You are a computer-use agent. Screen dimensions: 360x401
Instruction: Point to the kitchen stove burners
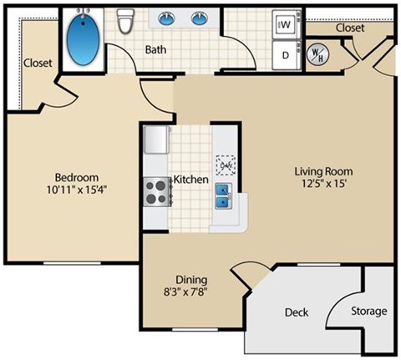click(155, 193)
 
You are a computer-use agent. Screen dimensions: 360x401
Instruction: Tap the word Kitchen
click(190, 180)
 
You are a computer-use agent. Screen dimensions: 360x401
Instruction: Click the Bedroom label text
click(77, 177)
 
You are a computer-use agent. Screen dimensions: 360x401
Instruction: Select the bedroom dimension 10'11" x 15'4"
click(77, 189)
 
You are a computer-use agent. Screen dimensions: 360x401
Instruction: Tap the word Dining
click(191, 280)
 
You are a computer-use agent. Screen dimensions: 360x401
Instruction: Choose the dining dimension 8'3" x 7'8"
click(191, 292)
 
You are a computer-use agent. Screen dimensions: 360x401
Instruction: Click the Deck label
click(297, 312)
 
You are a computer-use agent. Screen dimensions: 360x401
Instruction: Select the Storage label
click(368, 312)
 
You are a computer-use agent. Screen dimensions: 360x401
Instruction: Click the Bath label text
click(156, 50)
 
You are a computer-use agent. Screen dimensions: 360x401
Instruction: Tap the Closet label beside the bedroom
click(38, 63)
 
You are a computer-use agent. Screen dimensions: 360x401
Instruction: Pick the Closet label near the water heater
click(349, 28)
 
